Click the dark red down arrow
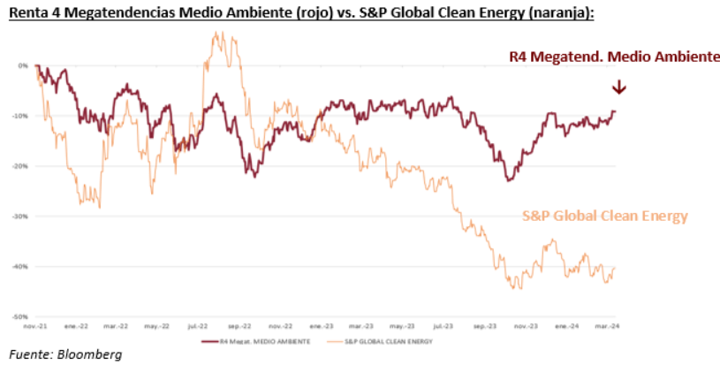(618, 87)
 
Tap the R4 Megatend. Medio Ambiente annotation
(615, 57)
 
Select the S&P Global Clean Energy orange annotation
(604, 216)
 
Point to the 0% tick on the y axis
(23, 65)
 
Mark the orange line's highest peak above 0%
(215, 34)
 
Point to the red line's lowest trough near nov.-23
(509, 181)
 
